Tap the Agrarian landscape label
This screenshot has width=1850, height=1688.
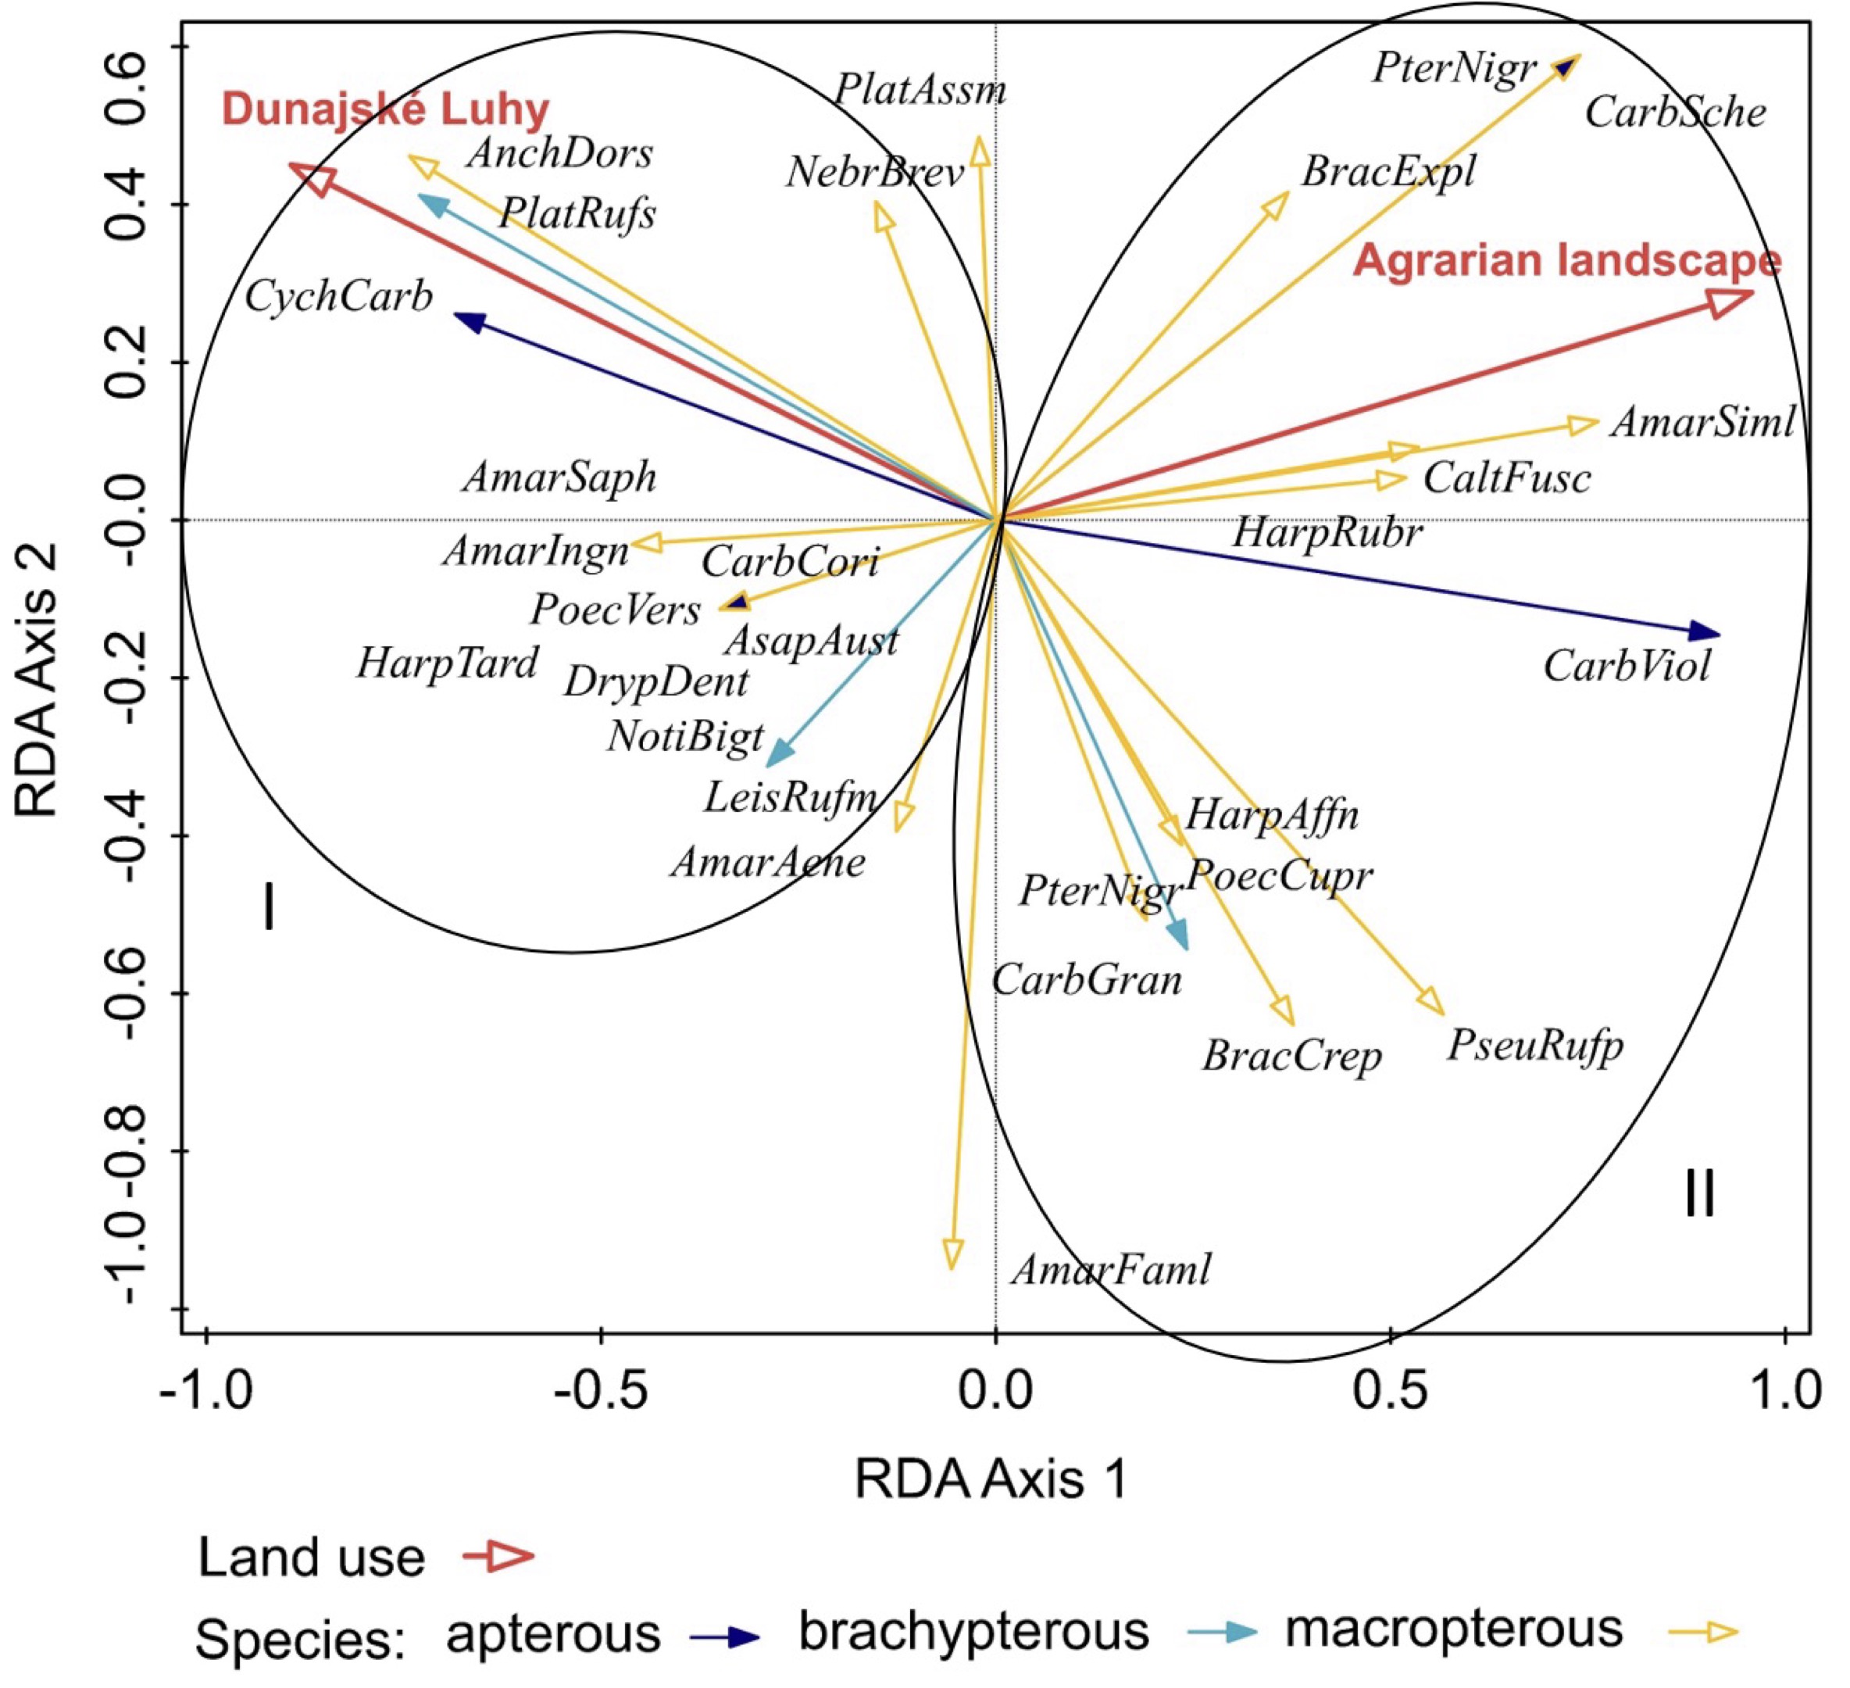click(1567, 261)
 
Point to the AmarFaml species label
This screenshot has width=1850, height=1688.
click(1110, 1271)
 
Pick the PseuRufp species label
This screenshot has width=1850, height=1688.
click(1535, 1046)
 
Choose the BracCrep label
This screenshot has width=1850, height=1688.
click(1292, 1057)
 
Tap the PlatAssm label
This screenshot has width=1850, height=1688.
click(920, 91)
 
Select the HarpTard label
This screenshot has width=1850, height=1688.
click(447, 663)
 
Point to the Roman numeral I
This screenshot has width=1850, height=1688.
click(268, 907)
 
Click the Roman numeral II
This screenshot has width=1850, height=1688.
click(1699, 1195)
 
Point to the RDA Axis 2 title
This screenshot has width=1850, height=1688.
click(38, 679)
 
